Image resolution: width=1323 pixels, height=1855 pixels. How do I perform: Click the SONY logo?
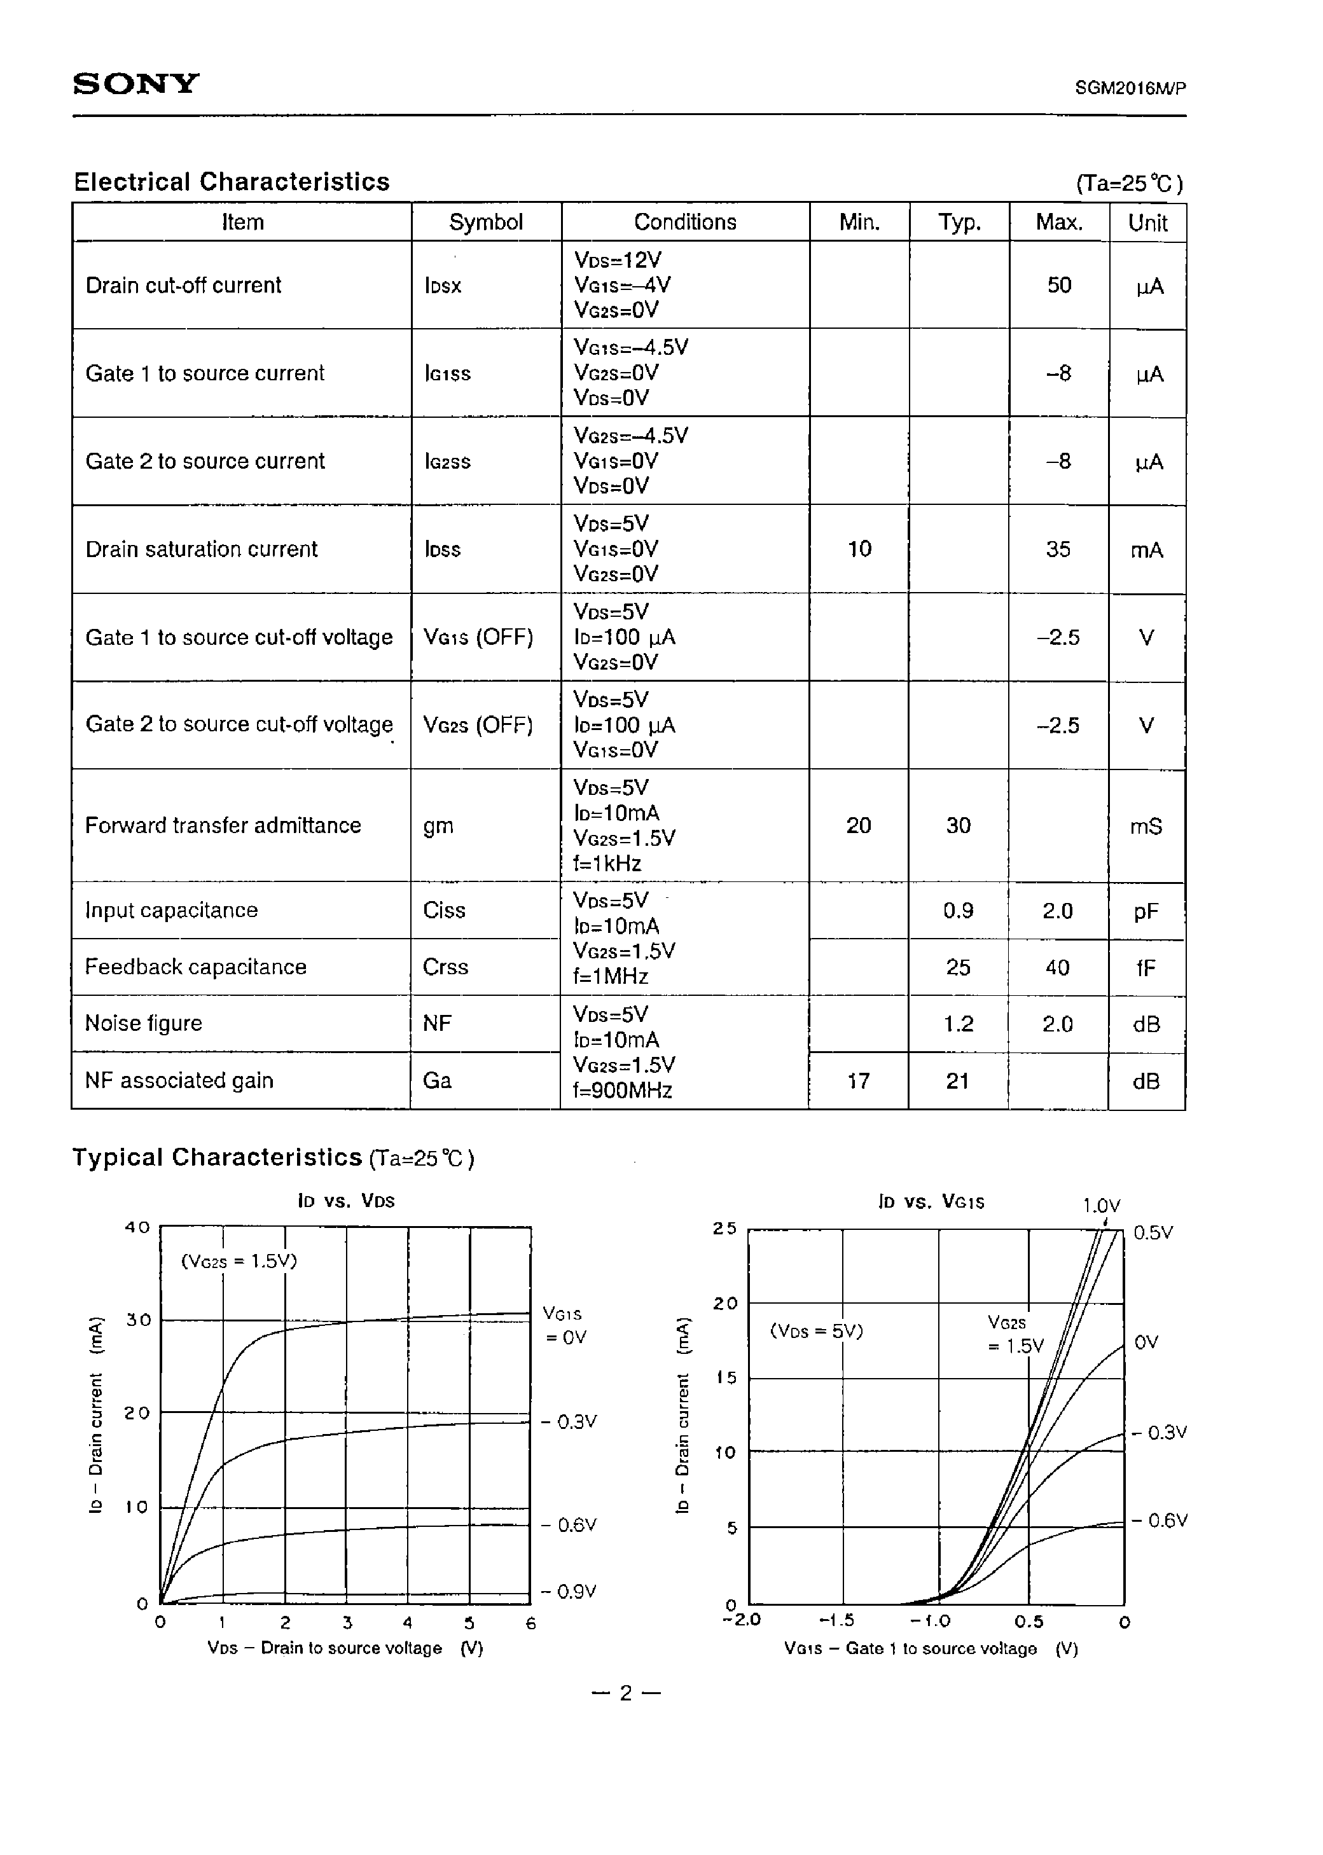136,84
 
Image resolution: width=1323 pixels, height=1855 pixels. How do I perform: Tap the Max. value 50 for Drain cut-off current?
1058,285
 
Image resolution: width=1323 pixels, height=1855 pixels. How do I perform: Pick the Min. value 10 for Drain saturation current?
859,549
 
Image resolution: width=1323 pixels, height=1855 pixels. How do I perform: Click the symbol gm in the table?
438,825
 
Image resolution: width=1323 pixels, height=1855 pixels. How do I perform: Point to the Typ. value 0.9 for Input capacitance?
958,911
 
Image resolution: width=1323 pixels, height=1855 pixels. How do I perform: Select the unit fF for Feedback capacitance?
1146,967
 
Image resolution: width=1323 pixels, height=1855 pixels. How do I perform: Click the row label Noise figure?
143,1024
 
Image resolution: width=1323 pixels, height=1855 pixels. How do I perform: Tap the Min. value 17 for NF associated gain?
859,1080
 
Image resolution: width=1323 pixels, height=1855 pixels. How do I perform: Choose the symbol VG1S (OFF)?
478,637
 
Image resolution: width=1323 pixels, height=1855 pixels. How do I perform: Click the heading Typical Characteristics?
217,1157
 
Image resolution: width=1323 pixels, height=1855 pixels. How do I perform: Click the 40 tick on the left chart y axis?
137,1226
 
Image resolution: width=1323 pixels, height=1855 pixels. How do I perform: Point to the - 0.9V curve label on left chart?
569,1591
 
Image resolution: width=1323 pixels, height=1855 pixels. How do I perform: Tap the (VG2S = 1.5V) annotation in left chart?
239,1262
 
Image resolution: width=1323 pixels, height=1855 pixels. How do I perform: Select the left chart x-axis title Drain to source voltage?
345,1647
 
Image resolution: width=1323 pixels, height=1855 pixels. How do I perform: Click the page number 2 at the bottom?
626,1693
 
